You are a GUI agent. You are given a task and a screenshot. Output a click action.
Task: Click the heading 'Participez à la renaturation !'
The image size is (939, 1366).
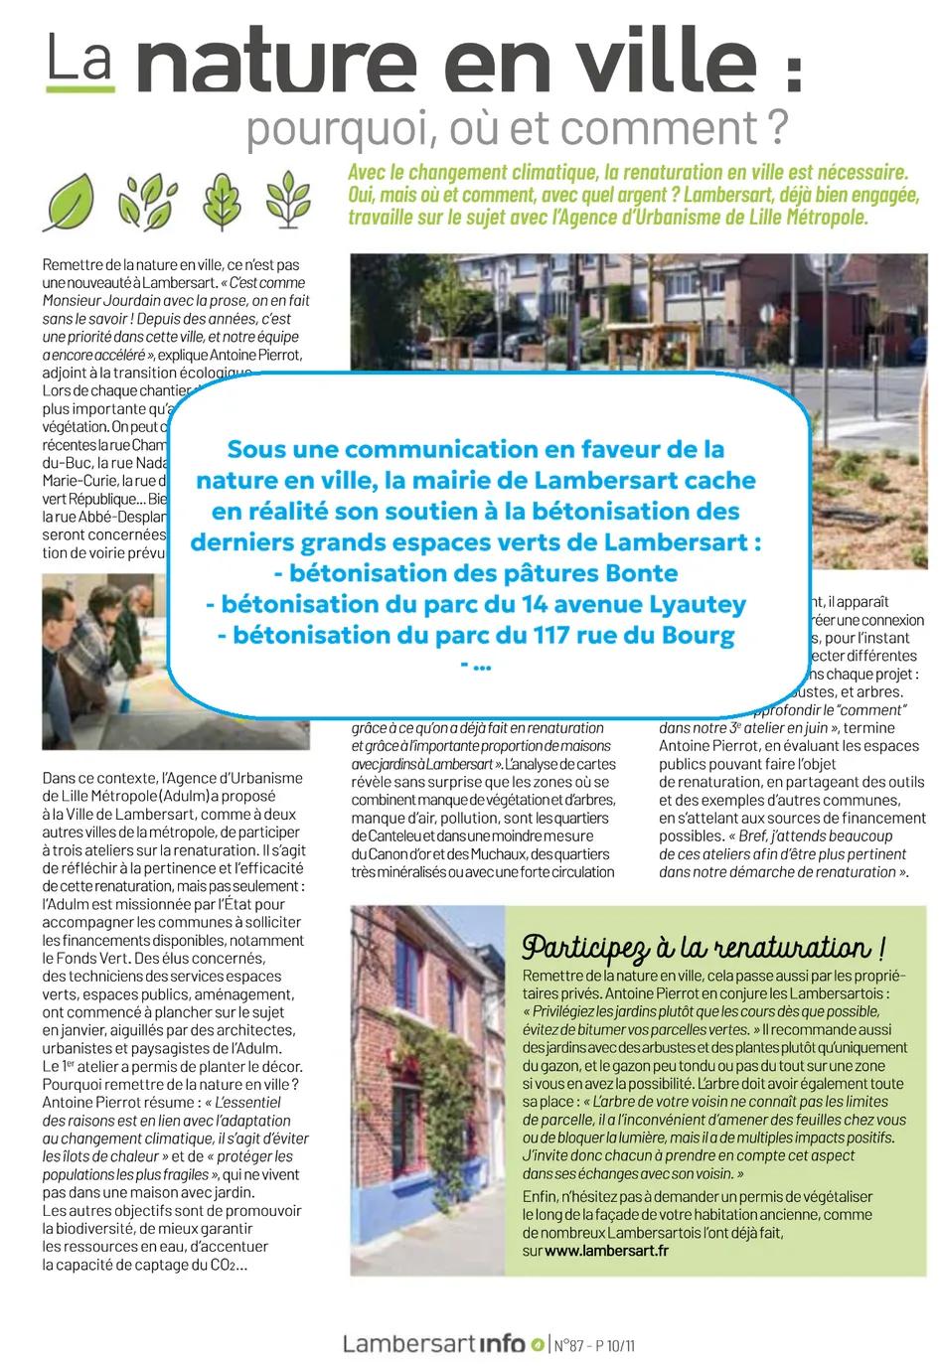tap(704, 947)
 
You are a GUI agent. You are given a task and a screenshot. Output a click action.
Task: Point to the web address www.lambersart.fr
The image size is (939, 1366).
tap(606, 1251)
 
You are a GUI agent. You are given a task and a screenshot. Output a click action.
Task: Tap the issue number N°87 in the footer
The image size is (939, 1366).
tap(569, 1345)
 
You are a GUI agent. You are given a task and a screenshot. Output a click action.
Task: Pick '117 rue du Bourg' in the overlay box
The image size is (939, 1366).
tap(633, 635)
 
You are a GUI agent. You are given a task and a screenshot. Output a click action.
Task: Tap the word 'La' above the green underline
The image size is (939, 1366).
tap(79, 58)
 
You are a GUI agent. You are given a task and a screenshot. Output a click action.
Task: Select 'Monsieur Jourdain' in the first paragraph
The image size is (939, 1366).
tap(102, 301)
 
